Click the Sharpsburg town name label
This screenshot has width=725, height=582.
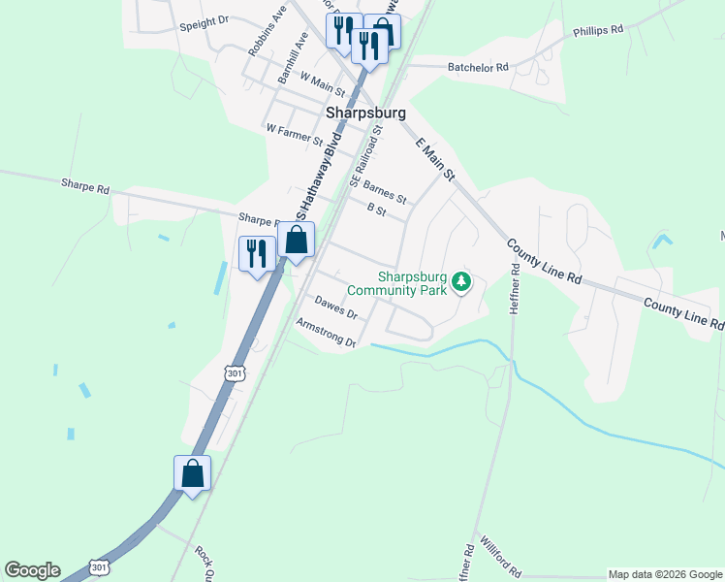click(x=365, y=113)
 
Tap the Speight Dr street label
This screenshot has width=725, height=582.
click(x=204, y=19)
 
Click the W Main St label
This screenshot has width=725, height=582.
click(x=324, y=81)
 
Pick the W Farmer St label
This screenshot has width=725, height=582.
click(x=294, y=133)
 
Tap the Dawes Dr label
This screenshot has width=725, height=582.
click(x=336, y=307)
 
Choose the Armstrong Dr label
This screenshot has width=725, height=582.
click(x=327, y=333)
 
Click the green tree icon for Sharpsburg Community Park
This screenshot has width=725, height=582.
click(x=462, y=282)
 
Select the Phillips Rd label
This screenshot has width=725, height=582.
click(x=597, y=31)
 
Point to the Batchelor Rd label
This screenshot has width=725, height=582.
click(x=478, y=68)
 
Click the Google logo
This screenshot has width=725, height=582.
click(x=32, y=570)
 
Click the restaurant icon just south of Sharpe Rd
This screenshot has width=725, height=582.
click(x=256, y=254)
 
